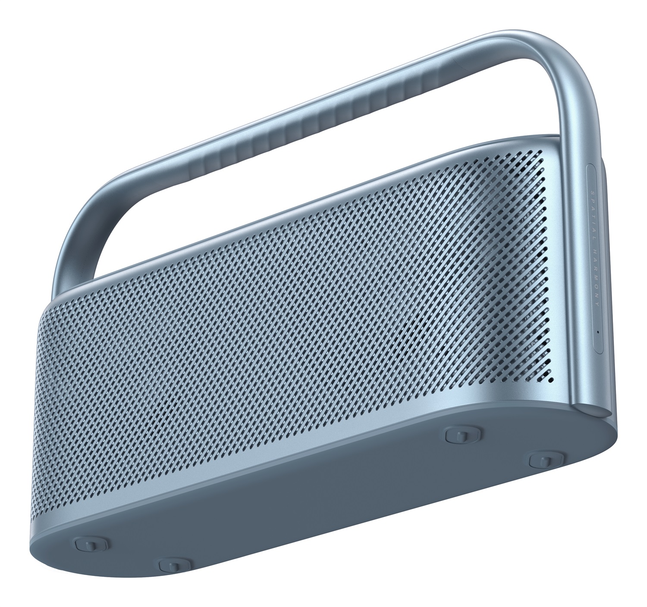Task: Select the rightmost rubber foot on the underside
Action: coord(543,460)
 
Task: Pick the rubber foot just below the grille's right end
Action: coord(460,435)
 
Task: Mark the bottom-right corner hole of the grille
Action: coord(551,381)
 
